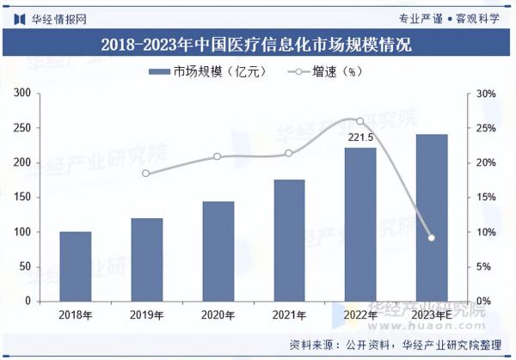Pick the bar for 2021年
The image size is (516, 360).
click(x=289, y=241)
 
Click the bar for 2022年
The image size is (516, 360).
click(x=360, y=224)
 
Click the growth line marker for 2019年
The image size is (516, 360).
click(x=146, y=174)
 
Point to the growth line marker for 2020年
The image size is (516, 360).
click(x=218, y=156)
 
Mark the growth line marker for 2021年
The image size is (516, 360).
click(x=289, y=154)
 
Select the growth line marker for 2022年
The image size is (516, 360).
click(x=360, y=121)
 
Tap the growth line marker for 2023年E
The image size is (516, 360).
click(x=432, y=238)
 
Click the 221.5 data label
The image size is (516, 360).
click(x=360, y=137)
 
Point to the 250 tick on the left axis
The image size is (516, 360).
click(x=22, y=128)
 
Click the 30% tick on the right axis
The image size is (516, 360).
click(x=485, y=94)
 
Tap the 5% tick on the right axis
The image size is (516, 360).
click(x=483, y=267)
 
